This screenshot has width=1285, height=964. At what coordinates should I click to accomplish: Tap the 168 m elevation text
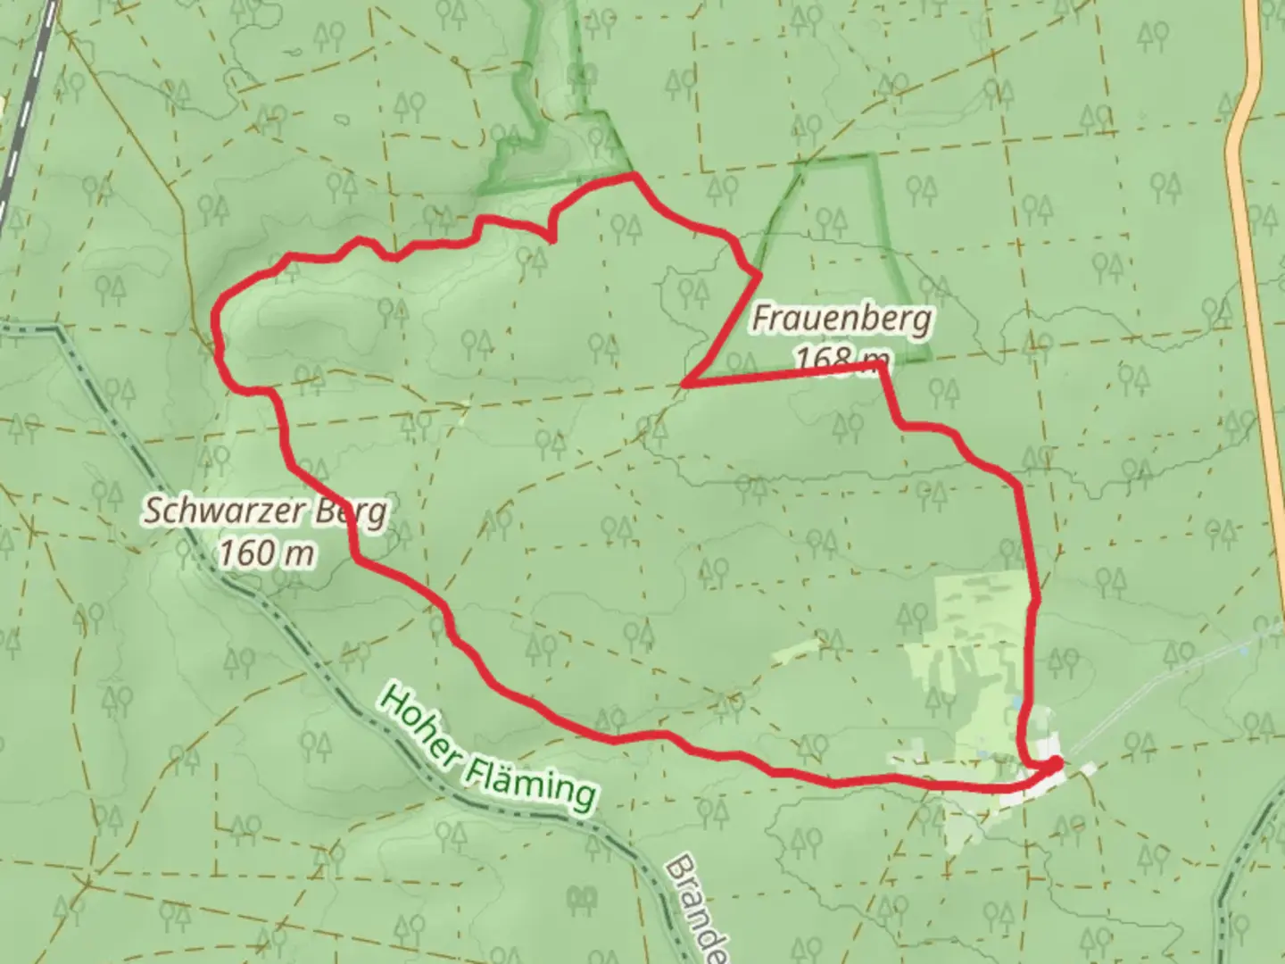coord(830,359)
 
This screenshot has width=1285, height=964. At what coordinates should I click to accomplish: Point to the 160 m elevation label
coord(266,553)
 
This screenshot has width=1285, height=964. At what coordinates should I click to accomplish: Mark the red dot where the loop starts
coord(1056,763)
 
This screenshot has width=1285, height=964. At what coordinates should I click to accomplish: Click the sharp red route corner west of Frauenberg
coord(684,384)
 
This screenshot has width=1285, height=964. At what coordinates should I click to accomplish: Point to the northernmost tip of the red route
coord(634,176)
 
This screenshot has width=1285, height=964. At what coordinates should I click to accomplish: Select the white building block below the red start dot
coord(1026,791)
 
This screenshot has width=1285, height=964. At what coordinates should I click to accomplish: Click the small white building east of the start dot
coord(1088,769)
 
